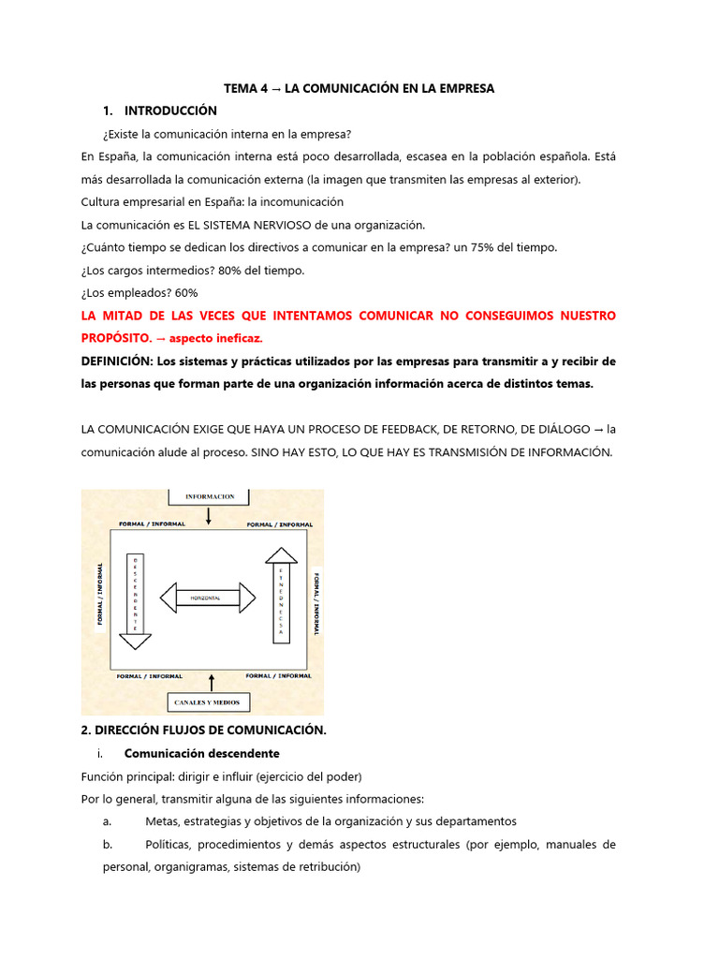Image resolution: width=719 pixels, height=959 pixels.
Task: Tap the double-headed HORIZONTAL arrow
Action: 208,597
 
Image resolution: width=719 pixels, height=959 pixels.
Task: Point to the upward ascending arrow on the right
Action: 281,594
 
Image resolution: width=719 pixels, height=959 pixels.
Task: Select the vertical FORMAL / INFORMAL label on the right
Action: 316,603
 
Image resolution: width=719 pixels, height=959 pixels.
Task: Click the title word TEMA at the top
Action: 240,88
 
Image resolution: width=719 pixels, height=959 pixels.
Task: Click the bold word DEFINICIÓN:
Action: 115,361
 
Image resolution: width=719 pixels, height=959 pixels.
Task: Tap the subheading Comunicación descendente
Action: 201,753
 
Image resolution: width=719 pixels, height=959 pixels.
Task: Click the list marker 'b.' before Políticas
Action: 109,844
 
